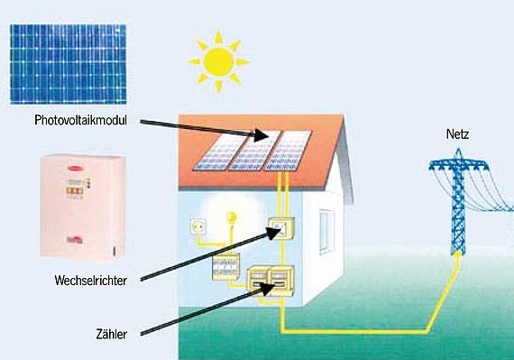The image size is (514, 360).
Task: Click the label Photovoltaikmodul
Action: click(80, 120)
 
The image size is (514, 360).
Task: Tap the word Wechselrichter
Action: click(91, 281)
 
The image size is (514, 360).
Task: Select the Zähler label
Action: click(112, 334)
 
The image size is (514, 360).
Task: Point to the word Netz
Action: click(457, 134)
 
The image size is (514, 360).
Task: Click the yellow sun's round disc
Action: click(218, 61)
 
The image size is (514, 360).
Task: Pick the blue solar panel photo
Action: click(69, 64)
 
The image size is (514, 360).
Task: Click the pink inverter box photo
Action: click(83, 208)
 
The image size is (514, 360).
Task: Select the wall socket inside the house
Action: click(198, 226)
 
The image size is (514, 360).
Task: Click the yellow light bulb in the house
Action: click(232, 217)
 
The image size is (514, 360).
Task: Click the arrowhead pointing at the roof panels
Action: click(263, 134)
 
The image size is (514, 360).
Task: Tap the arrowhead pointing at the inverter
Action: click(274, 233)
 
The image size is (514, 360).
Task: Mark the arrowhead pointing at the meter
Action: click(267, 290)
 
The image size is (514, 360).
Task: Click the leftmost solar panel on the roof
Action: click(218, 151)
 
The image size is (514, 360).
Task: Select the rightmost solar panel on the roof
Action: click(289, 151)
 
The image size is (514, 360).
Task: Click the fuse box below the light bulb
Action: click(225, 266)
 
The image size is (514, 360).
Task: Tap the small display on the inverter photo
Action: click(75, 190)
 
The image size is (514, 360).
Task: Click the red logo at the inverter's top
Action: click(75, 169)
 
